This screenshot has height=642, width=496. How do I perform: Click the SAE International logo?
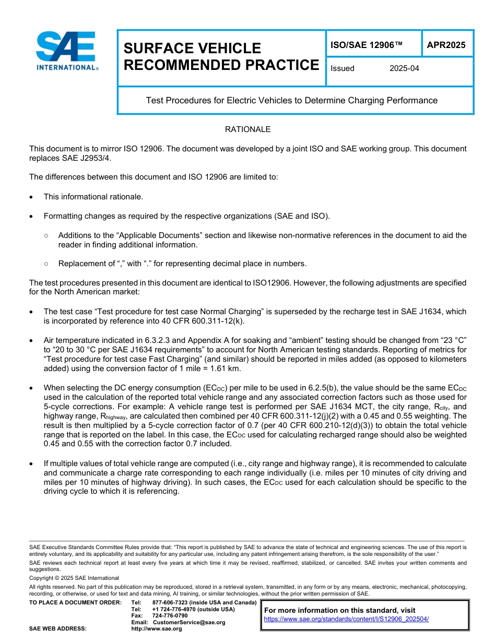pyautogui.click(x=66, y=51)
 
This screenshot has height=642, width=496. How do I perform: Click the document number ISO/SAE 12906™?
pyautogui.click(x=367, y=45)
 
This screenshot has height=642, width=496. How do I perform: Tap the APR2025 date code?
pyautogui.click(x=446, y=45)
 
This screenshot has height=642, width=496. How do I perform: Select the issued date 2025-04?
pyautogui.click(x=404, y=68)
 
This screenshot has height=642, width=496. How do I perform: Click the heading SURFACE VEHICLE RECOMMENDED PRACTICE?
pyautogui.click(x=221, y=56)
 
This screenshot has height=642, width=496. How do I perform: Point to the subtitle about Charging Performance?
pyautogui.click(x=291, y=100)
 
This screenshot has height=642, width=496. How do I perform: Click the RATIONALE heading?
pyautogui.click(x=247, y=129)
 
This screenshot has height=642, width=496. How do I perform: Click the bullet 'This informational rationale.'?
pyautogui.click(x=93, y=197)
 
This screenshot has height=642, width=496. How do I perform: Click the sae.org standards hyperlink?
pyautogui.click(x=346, y=619)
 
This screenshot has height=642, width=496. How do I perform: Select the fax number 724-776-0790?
pyautogui.click(x=170, y=616)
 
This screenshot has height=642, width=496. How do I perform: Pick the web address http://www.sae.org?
pyautogui.click(x=156, y=629)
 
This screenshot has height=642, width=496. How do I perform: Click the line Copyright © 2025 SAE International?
pyautogui.click(x=74, y=578)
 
